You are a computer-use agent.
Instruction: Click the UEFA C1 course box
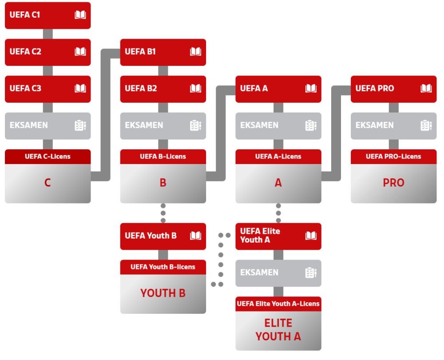(48, 15)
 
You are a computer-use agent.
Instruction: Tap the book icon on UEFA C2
(80, 52)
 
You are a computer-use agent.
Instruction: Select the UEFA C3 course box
(48, 89)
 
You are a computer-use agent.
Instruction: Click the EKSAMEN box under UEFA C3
(48, 126)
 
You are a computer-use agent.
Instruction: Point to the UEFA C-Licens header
(48, 156)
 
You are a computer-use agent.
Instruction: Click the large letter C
(48, 183)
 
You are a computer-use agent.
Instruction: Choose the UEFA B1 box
(163, 52)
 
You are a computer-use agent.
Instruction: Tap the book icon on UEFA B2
(196, 89)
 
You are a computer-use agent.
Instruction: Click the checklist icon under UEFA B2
(196, 126)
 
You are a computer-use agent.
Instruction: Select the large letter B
(163, 183)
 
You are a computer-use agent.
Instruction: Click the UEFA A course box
(278, 89)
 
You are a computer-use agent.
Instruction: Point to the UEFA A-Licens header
(278, 156)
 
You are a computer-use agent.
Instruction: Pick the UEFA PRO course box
(393, 89)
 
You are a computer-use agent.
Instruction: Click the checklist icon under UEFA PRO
(426, 126)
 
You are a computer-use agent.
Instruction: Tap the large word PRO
(393, 183)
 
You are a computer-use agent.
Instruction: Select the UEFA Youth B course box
(163, 236)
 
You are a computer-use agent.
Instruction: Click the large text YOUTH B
(163, 293)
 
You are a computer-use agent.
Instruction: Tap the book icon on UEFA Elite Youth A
(311, 236)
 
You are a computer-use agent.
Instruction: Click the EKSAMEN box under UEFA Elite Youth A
(278, 273)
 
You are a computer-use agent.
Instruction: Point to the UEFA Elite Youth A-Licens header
(278, 304)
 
